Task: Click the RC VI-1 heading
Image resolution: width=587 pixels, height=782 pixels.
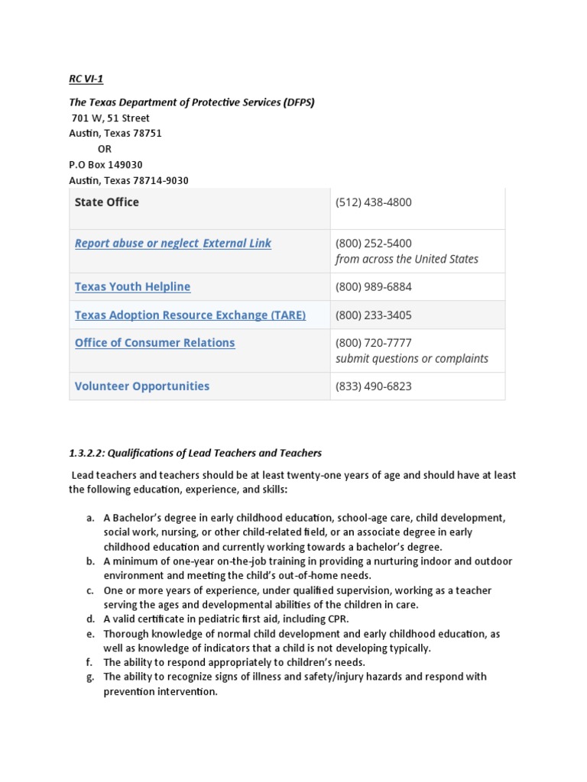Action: coord(86,79)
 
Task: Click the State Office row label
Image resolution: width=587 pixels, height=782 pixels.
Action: coord(107,202)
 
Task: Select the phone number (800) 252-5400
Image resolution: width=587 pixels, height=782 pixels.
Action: coord(373,244)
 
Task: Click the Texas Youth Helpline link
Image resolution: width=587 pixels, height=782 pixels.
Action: coord(132,287)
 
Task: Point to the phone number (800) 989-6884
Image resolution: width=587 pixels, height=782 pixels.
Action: coord(373,287)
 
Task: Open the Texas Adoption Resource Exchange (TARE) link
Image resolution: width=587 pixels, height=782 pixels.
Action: coord(190,315)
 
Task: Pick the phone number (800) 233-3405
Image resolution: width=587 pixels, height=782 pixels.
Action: coord(373,315)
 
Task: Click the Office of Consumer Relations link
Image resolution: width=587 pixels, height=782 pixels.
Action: coord(154,343)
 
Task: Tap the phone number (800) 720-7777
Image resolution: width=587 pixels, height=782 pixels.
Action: coord(373,343)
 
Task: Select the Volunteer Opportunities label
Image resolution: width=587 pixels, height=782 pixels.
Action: coord(141,386)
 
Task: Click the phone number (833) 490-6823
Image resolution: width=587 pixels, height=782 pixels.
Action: coord(373,386)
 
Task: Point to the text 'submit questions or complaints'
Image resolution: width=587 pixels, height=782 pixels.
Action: coord(411,359)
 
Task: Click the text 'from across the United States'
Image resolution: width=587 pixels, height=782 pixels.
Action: coord(407,259)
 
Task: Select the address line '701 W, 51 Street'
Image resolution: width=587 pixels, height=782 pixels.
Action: coord(111,118)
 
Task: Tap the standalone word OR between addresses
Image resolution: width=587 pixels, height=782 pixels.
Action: coord(105,149)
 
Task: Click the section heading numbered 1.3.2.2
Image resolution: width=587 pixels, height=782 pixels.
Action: coord(195,454)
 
